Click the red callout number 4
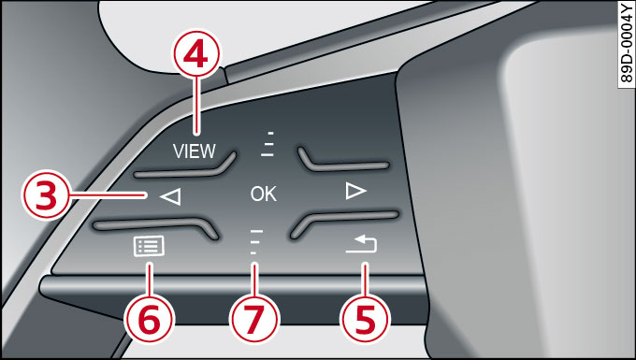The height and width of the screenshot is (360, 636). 196,53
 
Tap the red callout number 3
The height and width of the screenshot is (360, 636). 46,194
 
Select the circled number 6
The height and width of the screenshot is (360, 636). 149,319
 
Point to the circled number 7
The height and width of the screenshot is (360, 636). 254,319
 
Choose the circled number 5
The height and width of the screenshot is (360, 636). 365,319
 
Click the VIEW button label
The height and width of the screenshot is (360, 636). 195,151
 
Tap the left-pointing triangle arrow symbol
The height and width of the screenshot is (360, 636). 170,197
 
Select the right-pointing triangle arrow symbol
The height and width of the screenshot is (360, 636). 356,191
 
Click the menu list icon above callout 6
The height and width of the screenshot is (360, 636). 149,246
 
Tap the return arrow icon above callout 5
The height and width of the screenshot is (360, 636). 361,244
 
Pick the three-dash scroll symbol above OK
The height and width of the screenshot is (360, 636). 267,144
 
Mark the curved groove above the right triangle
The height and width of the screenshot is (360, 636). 343,161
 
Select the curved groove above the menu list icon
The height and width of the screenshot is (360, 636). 156,226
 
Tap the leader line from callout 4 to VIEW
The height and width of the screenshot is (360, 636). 196,106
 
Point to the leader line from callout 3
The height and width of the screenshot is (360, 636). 108,195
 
